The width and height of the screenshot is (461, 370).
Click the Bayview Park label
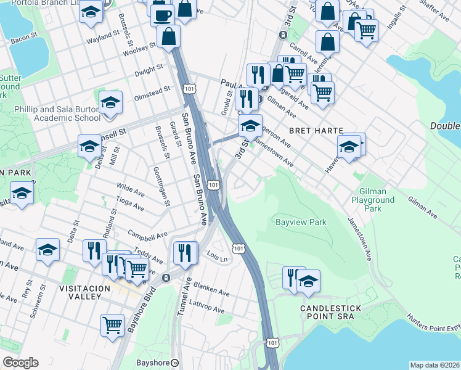300,221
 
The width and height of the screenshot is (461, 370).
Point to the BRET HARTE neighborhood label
316,131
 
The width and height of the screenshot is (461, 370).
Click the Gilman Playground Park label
373,200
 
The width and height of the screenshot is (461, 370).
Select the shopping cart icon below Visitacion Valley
112,324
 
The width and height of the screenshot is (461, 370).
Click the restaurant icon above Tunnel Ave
185,251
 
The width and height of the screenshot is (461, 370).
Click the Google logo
20,362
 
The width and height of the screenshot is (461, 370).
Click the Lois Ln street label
218,254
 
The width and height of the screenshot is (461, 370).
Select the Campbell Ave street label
147,235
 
